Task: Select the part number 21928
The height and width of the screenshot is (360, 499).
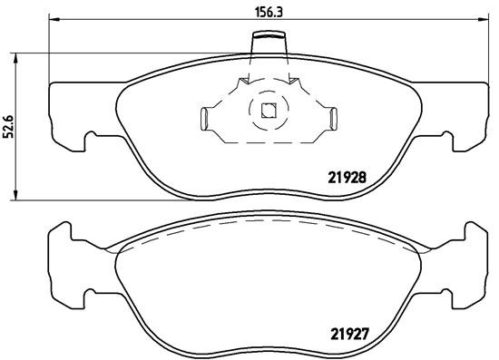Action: [346, 179]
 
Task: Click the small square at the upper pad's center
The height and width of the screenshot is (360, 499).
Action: [268, 112]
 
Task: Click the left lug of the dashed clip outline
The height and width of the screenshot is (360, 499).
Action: [205, 117]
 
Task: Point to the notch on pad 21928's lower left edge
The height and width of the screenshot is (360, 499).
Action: [91, 139]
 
